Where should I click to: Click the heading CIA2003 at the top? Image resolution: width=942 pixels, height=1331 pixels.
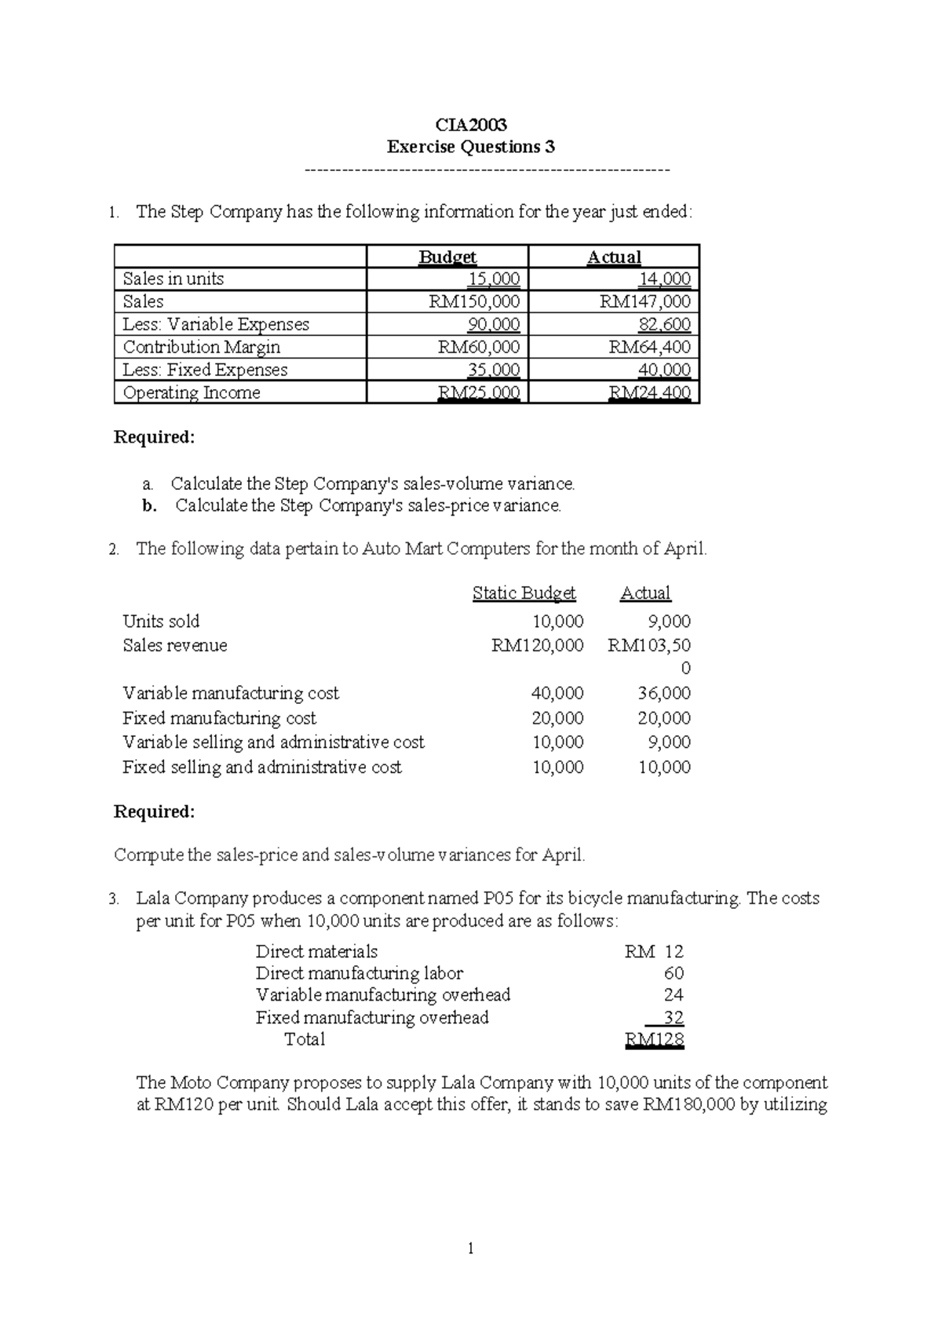pos(471,125)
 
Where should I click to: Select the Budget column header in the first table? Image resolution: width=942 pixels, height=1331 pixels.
pos(447,257)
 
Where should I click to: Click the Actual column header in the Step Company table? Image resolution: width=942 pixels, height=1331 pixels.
pos(614,257)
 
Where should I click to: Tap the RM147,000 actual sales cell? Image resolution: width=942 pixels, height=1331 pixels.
pos(645,301)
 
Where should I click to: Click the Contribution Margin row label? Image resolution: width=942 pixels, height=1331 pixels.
pos(202,347)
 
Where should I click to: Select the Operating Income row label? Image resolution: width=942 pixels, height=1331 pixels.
pos(192,392)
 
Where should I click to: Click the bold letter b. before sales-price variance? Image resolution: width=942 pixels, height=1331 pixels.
pos(149,506)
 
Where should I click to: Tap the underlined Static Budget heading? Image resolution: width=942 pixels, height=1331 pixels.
pos(524,593)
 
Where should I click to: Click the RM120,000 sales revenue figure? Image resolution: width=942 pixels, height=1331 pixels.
pos(538,645)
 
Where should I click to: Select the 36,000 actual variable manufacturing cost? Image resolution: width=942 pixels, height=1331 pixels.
pos(664,693)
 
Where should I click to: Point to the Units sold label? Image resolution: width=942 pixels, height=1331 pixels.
pos(161,622)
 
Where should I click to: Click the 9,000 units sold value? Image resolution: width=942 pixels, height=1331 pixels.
pos(669,622)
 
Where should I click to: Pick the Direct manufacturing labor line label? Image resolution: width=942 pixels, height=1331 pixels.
pos(360,973)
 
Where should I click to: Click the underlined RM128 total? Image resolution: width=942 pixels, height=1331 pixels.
pos(654,1041)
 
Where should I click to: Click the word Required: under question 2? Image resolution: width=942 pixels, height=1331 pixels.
pos(154,811)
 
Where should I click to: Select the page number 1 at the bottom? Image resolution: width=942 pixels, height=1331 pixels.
pos(470,1249)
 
